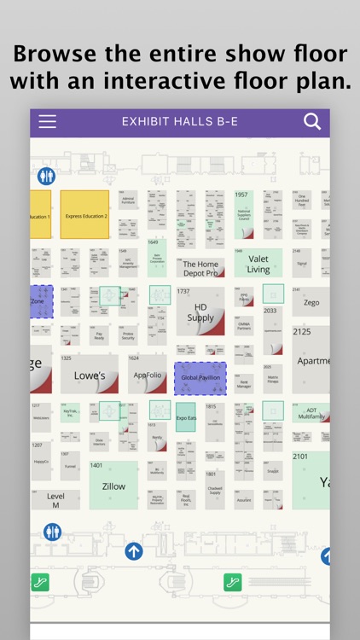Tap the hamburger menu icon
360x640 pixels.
coord(48,121)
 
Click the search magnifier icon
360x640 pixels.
coord(312,121)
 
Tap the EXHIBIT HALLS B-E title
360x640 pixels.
coord(180,122)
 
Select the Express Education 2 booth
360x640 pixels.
coord(86,215)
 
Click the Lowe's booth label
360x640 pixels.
coord(90,375)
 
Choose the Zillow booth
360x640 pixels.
coord(113,486)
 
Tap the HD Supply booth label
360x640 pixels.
coord(200,312)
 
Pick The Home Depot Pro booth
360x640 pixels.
coord(200,268)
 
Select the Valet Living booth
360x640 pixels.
coord(258,264)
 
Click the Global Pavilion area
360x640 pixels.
coord(200,377)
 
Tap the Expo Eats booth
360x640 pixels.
coord(186,419)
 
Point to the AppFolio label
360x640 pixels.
coord(148,375)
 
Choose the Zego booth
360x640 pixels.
coord(311,303)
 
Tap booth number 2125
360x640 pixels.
coord(302,332)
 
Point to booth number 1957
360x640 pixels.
coord(241,195)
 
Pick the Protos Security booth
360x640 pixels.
coord(128,336)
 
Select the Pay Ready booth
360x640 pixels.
coord(99,336)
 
